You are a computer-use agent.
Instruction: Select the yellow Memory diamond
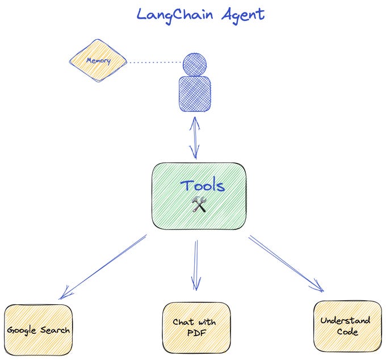click(97, 60)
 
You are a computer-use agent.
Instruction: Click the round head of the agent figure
click(195, 63)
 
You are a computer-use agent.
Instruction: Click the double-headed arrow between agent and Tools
click(195, 136)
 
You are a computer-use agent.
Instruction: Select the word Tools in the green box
click(202, 186)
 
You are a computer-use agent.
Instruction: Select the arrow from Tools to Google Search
click(102, 267)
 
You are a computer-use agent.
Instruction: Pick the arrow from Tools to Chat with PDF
click(196, 264)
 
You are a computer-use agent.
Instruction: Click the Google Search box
click(39, 330)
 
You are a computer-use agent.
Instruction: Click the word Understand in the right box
click(345, 320)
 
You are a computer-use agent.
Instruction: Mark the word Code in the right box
click(346, 332)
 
